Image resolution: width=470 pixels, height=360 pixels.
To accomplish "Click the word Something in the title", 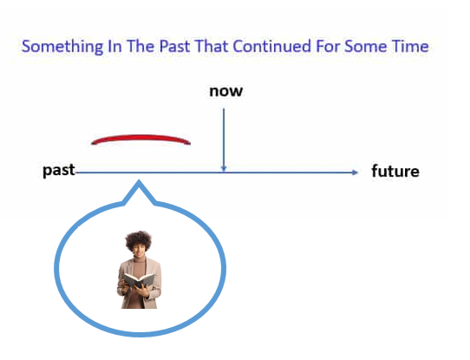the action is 62,48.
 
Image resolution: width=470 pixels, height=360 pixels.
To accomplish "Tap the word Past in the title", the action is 174,47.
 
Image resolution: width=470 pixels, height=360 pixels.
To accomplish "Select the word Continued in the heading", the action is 272,47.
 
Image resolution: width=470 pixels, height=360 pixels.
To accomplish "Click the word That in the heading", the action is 211,47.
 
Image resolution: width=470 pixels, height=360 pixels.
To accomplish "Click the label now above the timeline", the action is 226,91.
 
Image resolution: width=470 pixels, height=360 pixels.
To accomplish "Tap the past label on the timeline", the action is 59,170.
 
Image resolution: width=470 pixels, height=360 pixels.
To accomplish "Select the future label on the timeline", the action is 395,171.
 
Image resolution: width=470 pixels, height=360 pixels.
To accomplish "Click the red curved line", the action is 140,137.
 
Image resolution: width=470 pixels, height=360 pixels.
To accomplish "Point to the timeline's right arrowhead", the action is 356,173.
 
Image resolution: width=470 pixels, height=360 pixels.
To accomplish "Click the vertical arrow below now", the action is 224,140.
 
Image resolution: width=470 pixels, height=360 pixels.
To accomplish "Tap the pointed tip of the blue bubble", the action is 139,180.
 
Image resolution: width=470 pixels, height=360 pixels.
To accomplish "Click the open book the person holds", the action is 139,280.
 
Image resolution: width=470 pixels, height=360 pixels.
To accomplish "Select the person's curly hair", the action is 138,239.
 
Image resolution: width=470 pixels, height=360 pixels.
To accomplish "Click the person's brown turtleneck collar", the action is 140,260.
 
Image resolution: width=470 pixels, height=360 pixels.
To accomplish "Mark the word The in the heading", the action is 140,47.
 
